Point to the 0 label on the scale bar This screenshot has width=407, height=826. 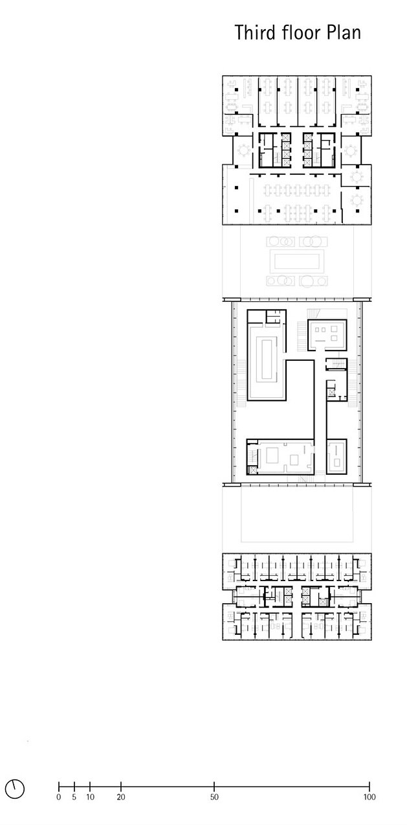pos(59,797)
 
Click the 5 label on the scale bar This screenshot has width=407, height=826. pos(74,797)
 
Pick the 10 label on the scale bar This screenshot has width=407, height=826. pos(90,797)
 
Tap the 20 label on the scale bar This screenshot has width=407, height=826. pos(121,797)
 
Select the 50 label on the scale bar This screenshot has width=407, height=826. pos(214,797)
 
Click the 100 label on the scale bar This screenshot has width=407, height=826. pos(369,797)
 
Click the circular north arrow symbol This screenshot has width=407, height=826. pos(15,790)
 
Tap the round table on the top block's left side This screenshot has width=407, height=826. pos(243,150)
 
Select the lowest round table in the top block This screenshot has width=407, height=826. pos(357,200)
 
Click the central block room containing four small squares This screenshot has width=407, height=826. pos(327,334)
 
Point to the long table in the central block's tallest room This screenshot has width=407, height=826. pos(267,361)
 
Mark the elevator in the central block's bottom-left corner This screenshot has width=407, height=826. pos(252,470)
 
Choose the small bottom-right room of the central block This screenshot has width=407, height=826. pos(337,456)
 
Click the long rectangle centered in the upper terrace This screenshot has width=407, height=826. pos(296,262)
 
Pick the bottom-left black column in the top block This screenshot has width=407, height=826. pos(236,211)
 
